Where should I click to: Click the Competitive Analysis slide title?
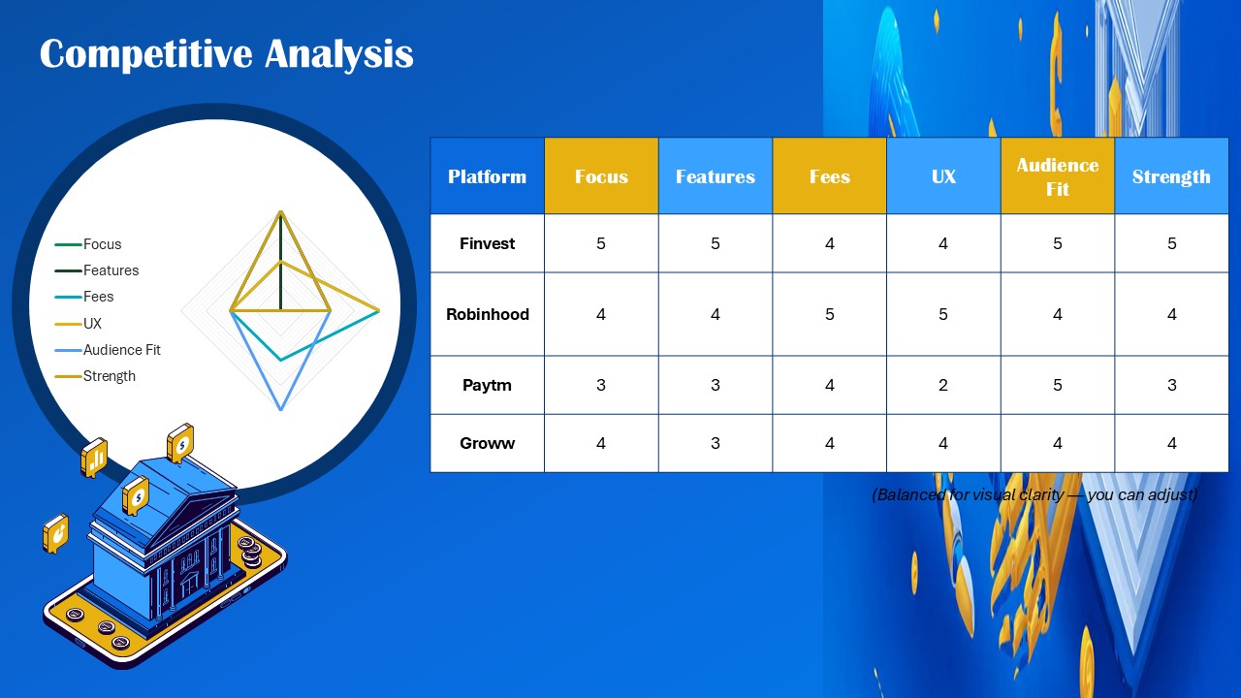tap(226, 54)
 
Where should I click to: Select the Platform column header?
tap(487, 176)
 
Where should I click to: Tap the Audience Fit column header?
tap(1057, 176)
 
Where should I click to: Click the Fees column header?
tap(829, 176)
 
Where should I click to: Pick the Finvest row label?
tap(487, 243)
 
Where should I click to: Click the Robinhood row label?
tap(487, 314)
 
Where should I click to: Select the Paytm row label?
tap(487, 385)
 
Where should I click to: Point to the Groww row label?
tap(487, 443)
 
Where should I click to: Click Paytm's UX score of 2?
tap(943, 385)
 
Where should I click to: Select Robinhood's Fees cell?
tap(829, 314)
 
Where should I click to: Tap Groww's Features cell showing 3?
tap(716, 443)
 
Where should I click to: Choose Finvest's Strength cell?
tap(1171, 243)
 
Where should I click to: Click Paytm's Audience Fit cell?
tap(1057, 385)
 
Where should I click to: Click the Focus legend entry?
tap(101, 244)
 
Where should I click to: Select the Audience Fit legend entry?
tap(120, 350)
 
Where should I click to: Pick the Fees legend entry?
tap(97, 297)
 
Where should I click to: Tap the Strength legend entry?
tap(108, 376)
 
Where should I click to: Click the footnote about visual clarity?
tap(1034, 494)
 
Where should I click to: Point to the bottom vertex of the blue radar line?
tap(280, 409)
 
